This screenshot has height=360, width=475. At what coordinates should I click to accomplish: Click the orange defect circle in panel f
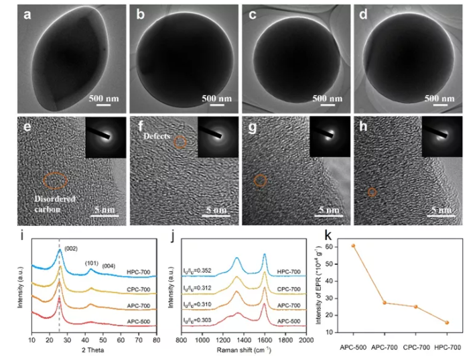pos(180,141)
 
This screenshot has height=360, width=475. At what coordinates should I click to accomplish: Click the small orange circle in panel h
pos(372,192)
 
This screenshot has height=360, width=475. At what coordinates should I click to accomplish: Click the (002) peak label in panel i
pos(72,249)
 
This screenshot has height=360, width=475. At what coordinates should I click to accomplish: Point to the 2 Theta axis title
pos(93,349)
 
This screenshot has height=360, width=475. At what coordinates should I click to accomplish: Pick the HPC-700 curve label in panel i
pos(140,272)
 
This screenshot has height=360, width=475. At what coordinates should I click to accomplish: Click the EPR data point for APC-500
pos(353,245)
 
